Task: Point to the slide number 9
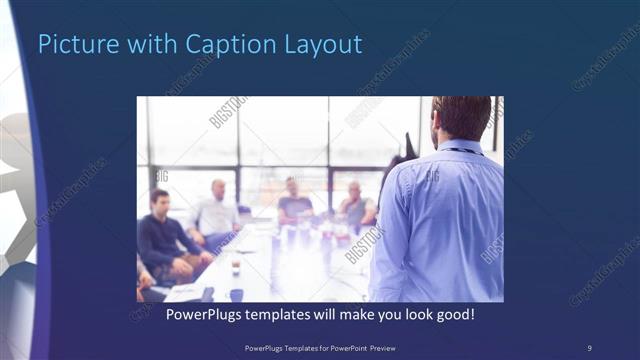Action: [x=589, y=347]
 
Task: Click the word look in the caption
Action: [x=412, y=313]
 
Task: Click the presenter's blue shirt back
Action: [x=445, y=220]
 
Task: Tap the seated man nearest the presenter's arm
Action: [x=355, y=205]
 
